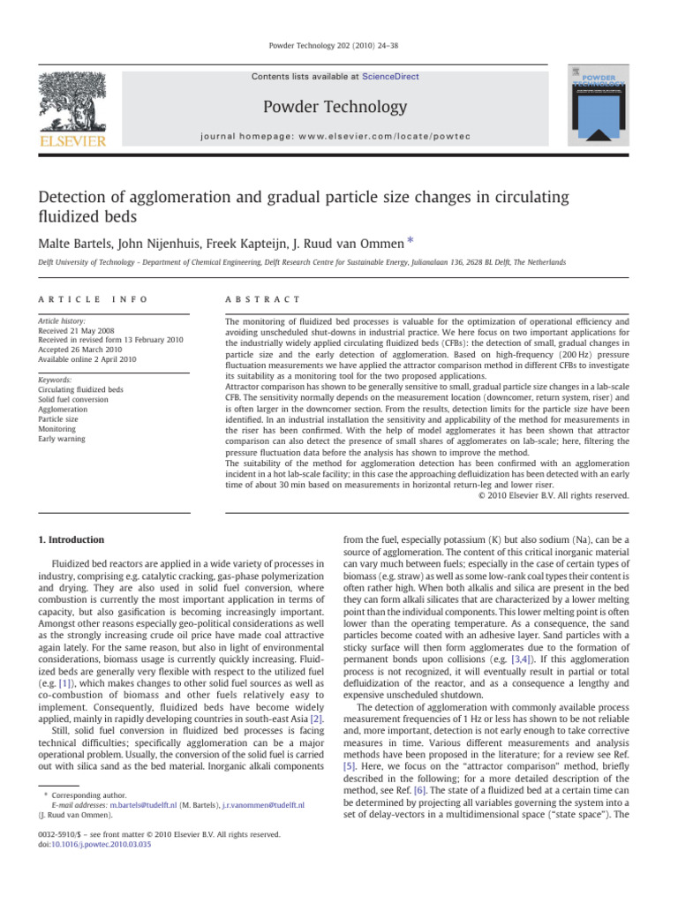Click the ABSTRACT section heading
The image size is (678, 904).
pos(264,300)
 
